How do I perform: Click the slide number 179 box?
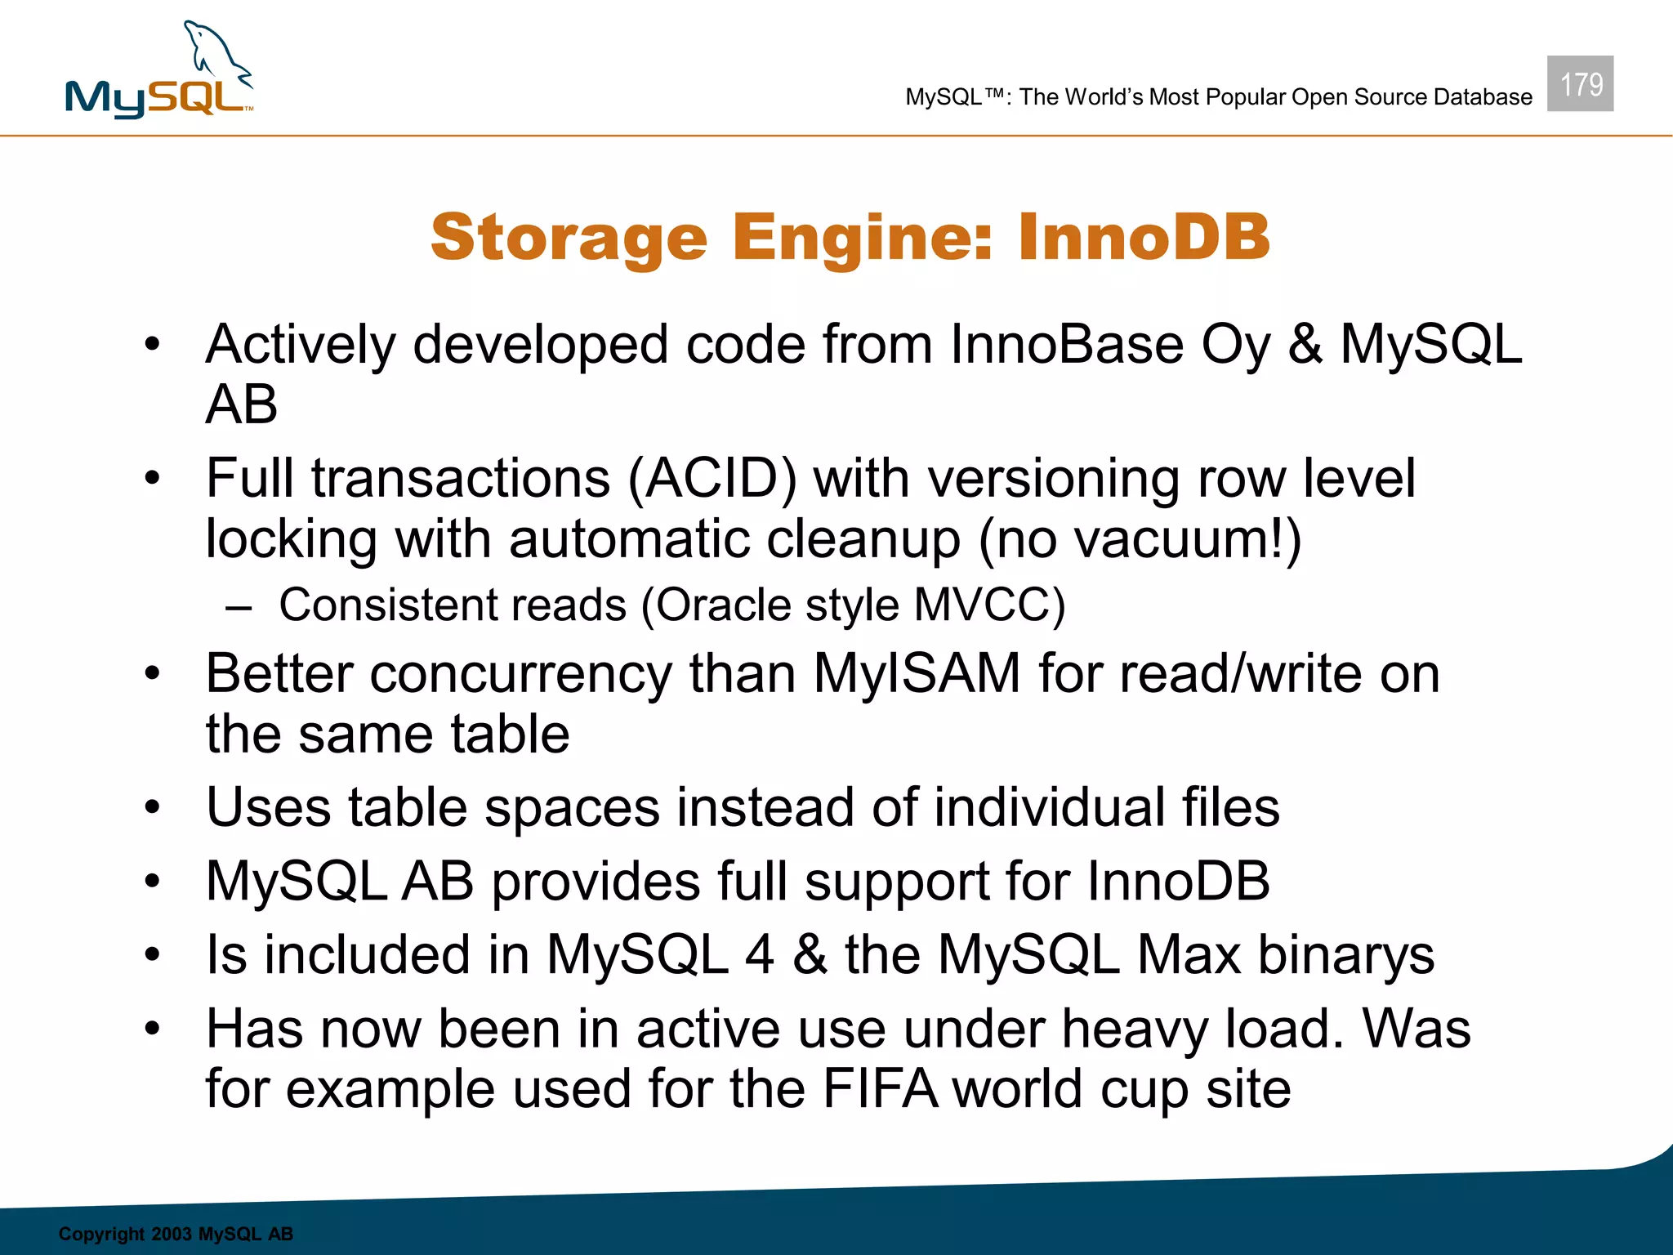pyautogui.click(x=1580, y=83)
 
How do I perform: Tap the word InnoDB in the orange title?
pyautogui.click(x=1144, y=237)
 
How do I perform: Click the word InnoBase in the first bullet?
pyautogui.click(x=1066, y=344)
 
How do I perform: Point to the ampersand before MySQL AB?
pyautogui.click(x=1305, y=344)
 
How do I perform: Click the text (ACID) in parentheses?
pyautogui.click(x=712, y=478)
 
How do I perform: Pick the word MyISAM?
pyautogui.click(x=917, y=674)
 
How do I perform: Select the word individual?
pyautogui.click(x=1049, y=807)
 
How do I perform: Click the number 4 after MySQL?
pyautogui.click(x=759, y=954)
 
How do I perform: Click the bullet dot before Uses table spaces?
pyautogui.click(x=152, y=808)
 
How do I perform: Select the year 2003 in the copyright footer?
pyautogui.click(x=171, y=1234)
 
